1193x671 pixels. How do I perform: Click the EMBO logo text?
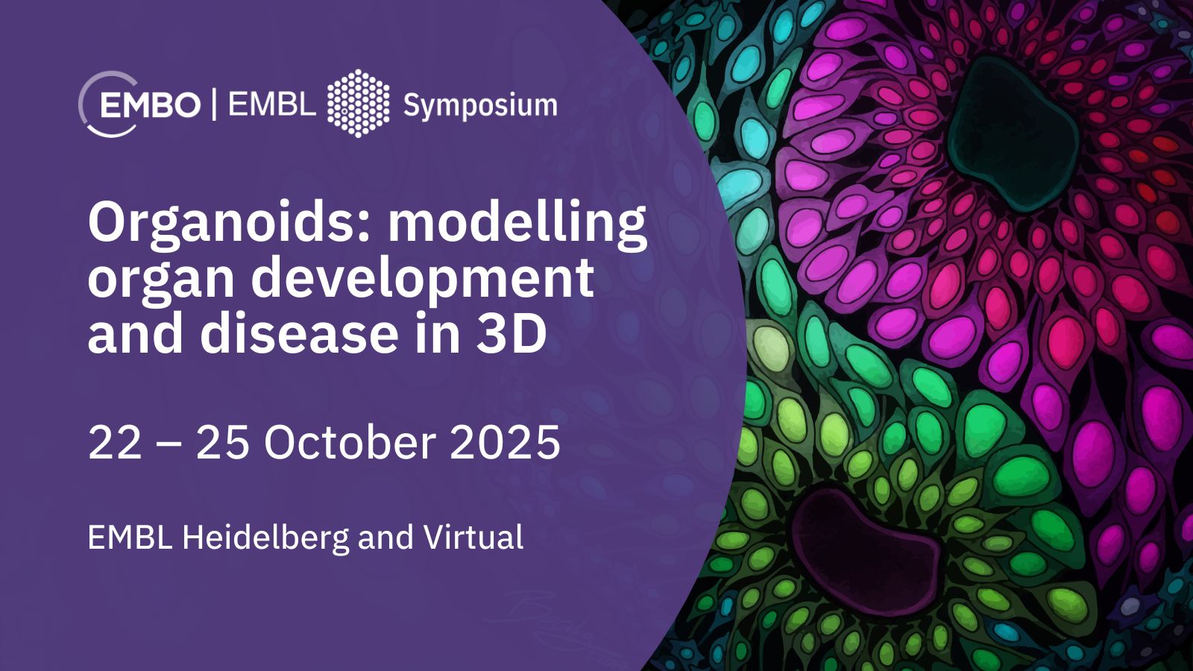coord(150,104)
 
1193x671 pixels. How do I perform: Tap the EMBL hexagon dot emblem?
coord(358,104)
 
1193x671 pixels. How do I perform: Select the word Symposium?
coord(480,105)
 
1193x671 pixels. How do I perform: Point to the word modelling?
coord(517,224)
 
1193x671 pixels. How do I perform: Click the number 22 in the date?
coord(115,444)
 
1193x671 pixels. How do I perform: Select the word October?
coord(350,443)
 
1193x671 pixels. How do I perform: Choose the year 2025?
coord(505,444)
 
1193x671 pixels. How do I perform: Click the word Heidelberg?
coord(265,538)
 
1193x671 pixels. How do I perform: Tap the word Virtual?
coord(473,537)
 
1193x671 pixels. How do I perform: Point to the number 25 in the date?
coord(223,444)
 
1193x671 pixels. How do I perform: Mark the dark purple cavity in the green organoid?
coord(866,551)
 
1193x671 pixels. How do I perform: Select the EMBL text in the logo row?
coord(272,104)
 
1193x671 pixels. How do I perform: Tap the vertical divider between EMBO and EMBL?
coord(214,104)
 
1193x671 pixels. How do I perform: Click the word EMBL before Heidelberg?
coord(130,538)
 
